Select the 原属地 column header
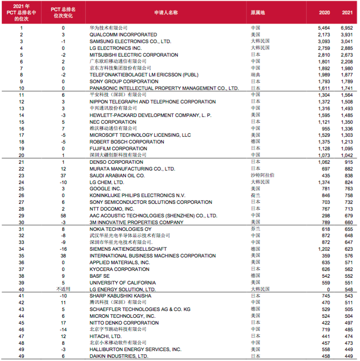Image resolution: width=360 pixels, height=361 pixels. (x=258, y=13)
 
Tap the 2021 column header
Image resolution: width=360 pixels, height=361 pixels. (x=347, y=13)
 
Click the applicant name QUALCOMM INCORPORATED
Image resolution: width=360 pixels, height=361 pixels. (x=123, y=35)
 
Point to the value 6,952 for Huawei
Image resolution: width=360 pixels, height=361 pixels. (x=346, y=28)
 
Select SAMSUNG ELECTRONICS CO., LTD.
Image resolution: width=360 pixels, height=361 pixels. (x=130, y=41)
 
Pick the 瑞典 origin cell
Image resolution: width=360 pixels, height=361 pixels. (x=255, y=75)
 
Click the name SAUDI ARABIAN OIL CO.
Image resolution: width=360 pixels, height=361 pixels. (x=117, y=176)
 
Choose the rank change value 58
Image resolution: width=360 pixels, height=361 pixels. (x=64, y=216)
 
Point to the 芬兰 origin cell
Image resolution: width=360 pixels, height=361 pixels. (x=255, y=229)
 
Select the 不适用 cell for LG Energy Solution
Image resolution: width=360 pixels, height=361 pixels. (x=64, y=289)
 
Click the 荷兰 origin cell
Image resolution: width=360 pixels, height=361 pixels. (x=255, y=196)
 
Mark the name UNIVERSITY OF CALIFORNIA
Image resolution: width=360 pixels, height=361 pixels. (x=123, y=283)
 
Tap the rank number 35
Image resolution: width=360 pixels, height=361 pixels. (x=21, y=256)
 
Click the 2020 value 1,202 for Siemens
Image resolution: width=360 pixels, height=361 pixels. (x=324, y=249)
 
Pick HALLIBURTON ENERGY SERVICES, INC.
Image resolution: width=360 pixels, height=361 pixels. (x=135, y=349)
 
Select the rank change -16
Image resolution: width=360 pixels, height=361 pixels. (x=64, y=249)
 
